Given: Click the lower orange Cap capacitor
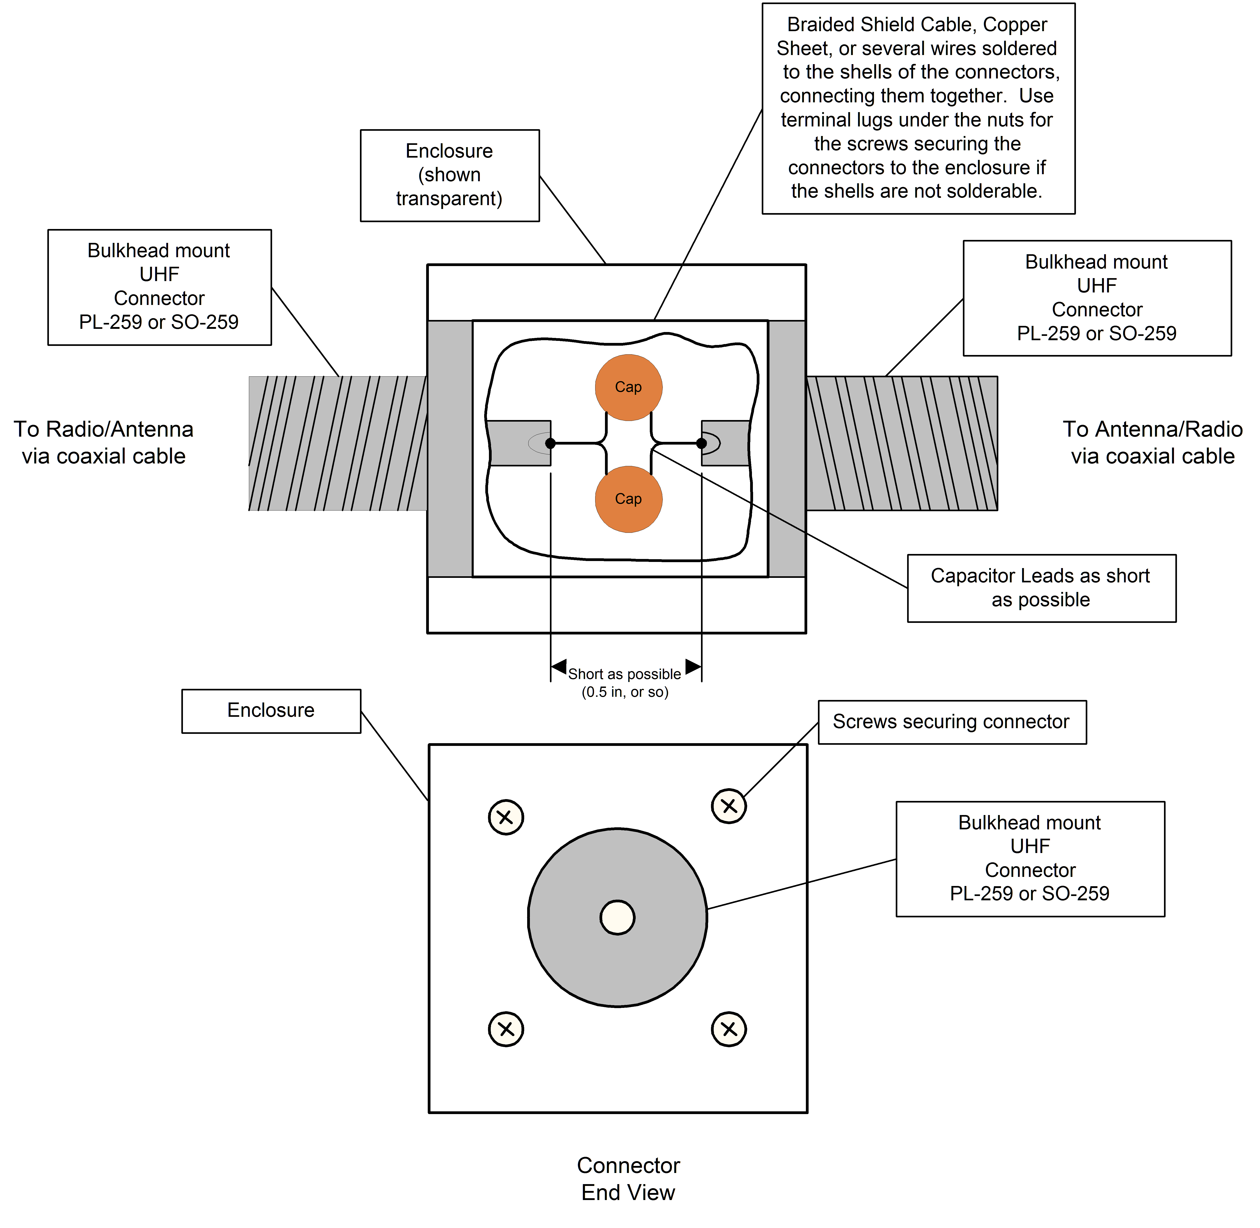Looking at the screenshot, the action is click(x=628, y=499).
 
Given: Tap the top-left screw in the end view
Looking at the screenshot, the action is click(x=506, y=817).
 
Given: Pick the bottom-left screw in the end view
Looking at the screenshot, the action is click(x=506, y=1029).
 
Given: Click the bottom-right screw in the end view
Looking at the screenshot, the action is click(x=729, y=1029).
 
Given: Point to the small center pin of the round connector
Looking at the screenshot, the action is click(x=617, y=917).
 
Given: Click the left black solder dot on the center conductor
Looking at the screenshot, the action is click(x=550, y=443).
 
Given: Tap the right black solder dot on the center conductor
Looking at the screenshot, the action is click(x=701, y=443).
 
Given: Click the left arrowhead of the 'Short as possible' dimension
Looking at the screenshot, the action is click(x=559, y=666).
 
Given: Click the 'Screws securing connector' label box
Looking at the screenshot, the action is click(x=952, y=722).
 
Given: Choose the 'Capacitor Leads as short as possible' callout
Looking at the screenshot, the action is click(x=1041, y=588).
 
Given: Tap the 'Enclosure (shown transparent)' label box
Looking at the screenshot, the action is click(x=450, y=175).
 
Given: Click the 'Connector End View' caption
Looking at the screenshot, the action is click(x=628, y=1179).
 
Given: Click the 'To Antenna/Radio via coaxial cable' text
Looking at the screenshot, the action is click(x=1153, y=443).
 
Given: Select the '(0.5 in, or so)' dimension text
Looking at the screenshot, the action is click(x=625, y=692).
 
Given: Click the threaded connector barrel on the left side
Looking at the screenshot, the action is click(x=338, y=444).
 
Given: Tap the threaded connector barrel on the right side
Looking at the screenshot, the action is click(x=902, y=444).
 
